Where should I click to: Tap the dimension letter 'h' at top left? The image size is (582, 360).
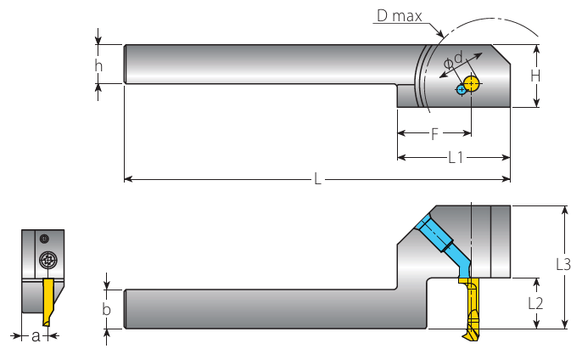pos(99,65)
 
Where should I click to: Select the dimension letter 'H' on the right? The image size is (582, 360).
pos(535,76)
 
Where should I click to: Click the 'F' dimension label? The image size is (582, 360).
pos(434,133)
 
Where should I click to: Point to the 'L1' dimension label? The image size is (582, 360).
pos(456,157)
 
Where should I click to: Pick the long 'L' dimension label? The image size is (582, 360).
pos(317,179)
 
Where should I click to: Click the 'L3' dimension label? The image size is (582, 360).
pos(562,264)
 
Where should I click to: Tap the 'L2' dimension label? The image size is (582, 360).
pos(535,302)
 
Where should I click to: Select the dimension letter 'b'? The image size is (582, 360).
pos(107,309)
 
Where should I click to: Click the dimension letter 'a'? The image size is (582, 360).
pos(36,336)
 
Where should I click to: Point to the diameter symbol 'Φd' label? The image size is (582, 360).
pos(454,59)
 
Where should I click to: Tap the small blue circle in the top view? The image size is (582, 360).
pos(461,89)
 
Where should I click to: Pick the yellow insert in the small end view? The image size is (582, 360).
pos(48,301)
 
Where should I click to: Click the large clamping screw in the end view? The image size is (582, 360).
pos(48,260)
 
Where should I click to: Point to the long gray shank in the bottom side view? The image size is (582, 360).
pos(255,309)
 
